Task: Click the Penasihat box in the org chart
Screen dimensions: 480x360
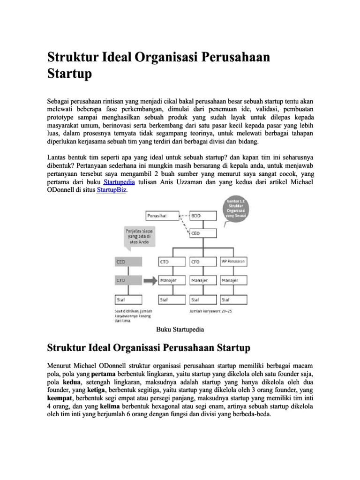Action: pyautogui.click(x=162, y=216)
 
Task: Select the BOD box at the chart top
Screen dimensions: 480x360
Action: pyautogui.click(x=202, y=216)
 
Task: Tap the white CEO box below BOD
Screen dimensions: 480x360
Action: pyautogui.click(x=202, y=233)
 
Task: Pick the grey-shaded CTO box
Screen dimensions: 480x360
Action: pyautogui.click(x=128, y=280)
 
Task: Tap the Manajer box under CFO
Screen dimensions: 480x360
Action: pyautogui.click(x=202, y=280)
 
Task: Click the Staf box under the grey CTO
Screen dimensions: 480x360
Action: pyautogui.click(x=128, y=299)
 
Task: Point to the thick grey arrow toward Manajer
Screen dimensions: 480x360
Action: pyautogui.click(x=150, y=281)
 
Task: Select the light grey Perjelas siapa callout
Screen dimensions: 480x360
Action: pyautogui.click(x=139, y=237)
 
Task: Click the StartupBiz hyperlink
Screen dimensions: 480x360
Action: pyautogui.click(x=112, y=190)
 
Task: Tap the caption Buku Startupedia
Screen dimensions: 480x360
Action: pyautogui.click(x=180, y=330)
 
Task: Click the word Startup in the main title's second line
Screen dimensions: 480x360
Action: pyautogui.click(x=70, y=74)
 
